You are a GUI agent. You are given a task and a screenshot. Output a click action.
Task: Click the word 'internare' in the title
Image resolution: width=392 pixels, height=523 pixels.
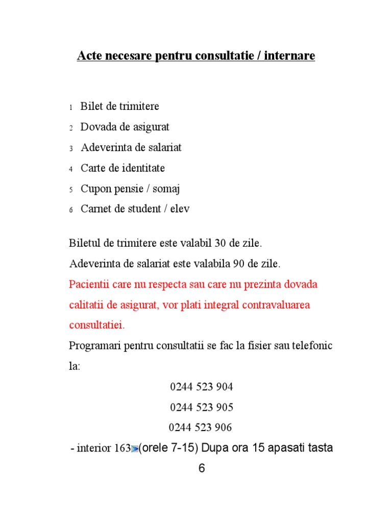(x=291, y=56)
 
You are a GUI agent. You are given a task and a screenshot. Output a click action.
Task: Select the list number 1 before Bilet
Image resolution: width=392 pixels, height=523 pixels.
(x=70, y=108)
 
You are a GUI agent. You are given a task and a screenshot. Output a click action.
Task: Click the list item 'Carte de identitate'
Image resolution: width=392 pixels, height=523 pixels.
(x=122, y=168)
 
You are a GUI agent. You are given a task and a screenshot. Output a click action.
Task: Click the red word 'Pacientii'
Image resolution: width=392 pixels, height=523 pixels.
(x=90, y=284)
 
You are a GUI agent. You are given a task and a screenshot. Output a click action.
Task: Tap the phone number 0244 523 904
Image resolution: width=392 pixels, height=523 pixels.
(x=202, y=387)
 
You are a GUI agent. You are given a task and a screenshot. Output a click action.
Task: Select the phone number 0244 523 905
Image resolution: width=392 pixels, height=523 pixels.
(x=202, y=408)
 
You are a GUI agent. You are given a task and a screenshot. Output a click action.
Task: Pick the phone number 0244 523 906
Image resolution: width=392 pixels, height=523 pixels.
(x=201, y=427)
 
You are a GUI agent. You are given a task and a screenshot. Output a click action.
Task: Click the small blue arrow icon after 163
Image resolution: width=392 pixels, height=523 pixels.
(x=135, y=449)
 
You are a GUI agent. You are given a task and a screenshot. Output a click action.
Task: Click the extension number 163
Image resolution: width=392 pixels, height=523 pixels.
(x=122, y=449)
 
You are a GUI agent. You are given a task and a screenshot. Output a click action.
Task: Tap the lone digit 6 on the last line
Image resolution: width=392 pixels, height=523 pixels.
(x=202, y=469)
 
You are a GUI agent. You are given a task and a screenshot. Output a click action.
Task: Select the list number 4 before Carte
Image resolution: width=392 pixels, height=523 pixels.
(x=70, y=169)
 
